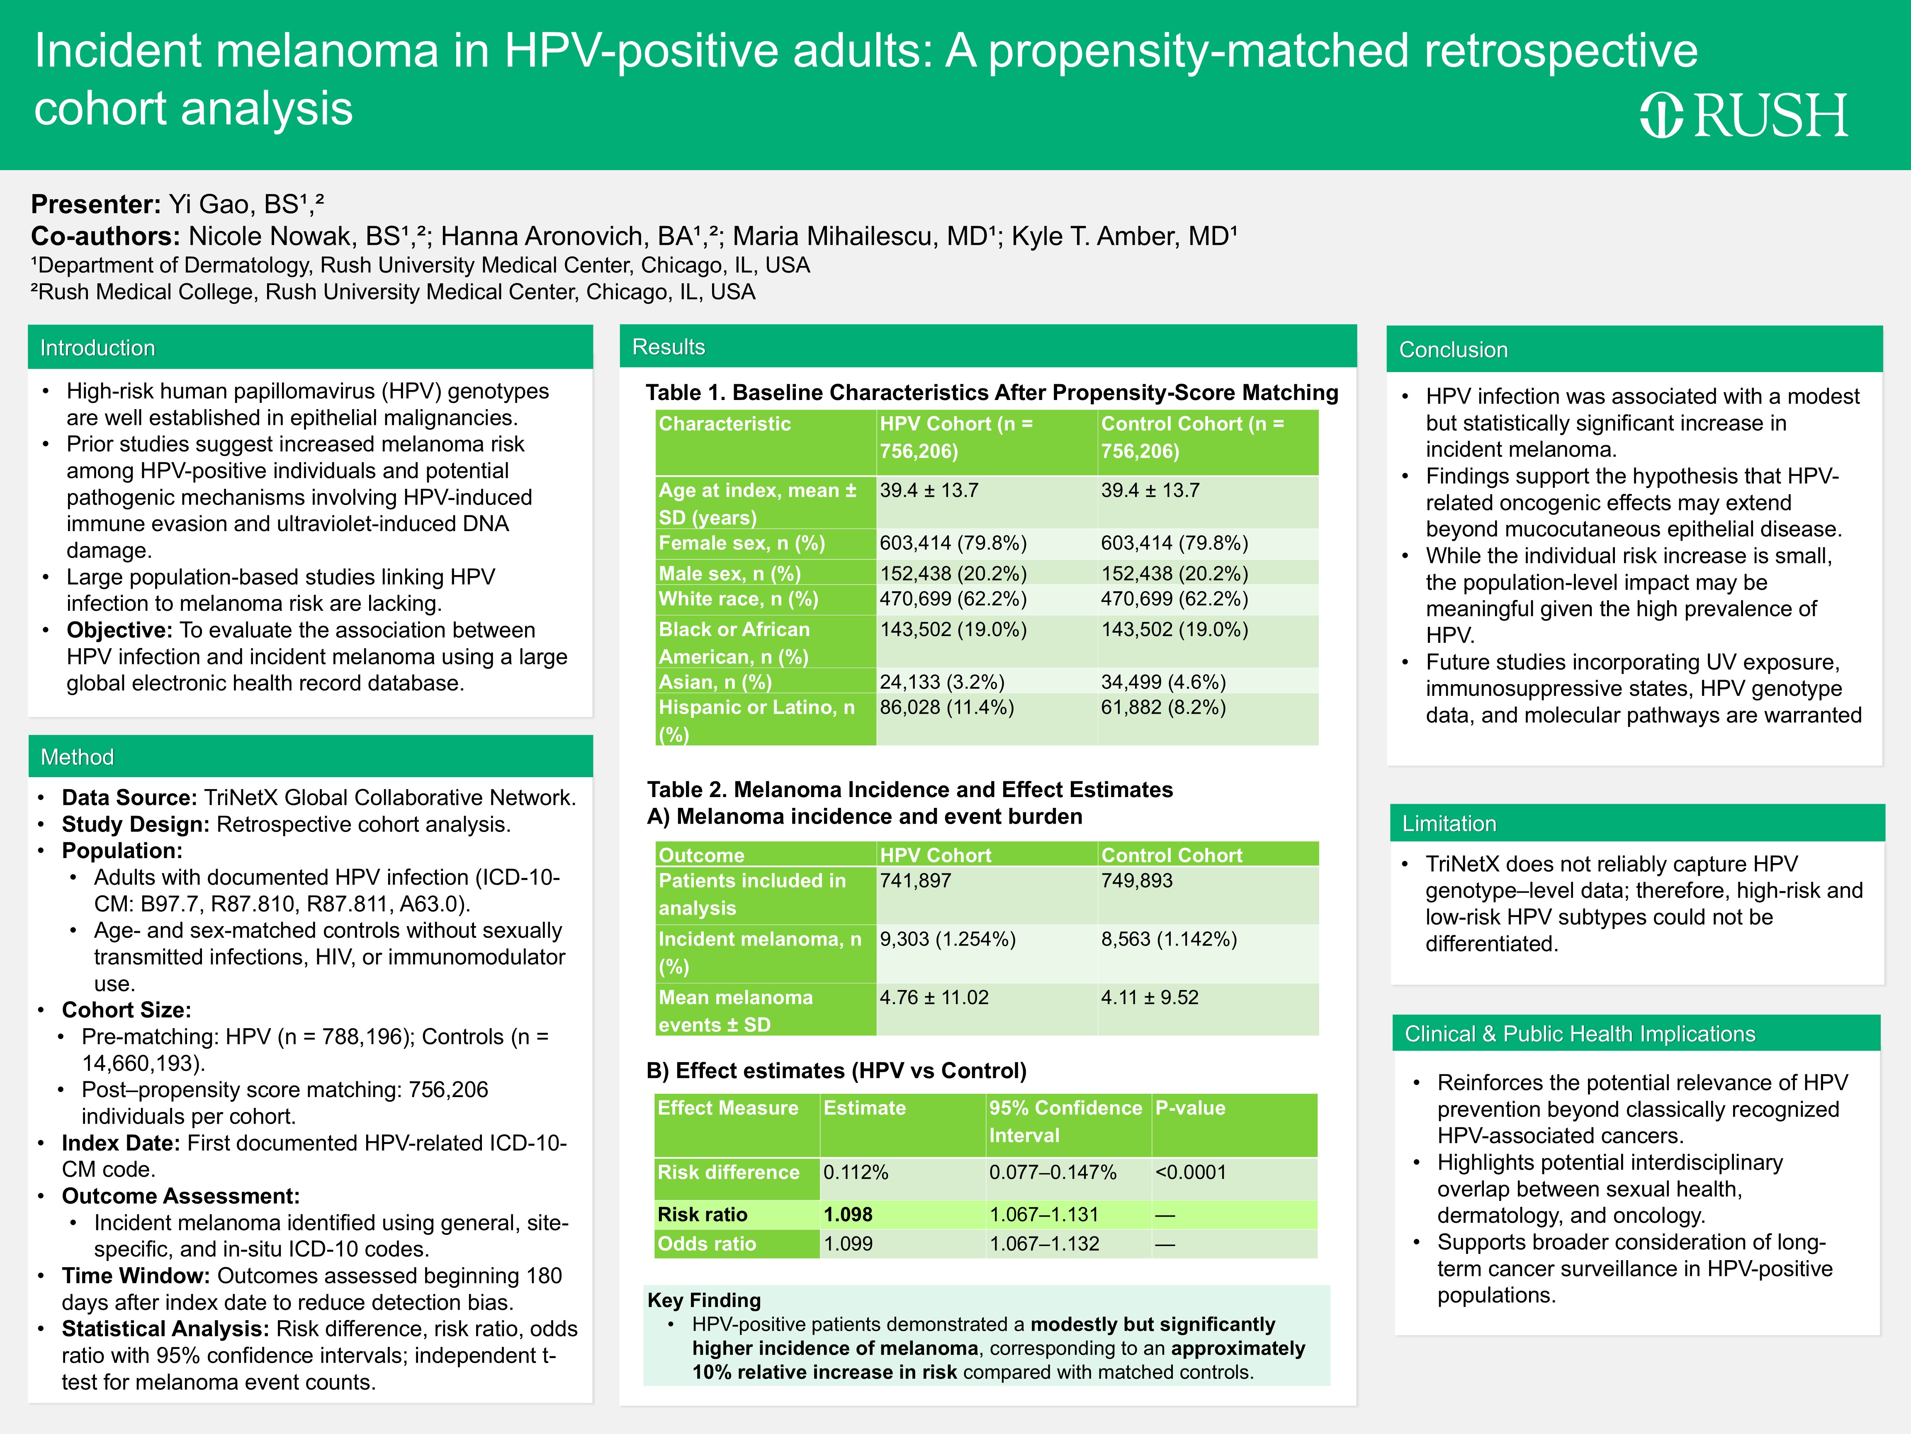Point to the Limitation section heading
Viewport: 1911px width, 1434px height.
click(1449, 824)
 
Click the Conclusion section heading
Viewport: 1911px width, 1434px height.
click(1453, 350)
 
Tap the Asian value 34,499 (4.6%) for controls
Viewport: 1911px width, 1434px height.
click(1163, 682)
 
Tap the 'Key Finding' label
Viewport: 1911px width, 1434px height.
click(703, 1300)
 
